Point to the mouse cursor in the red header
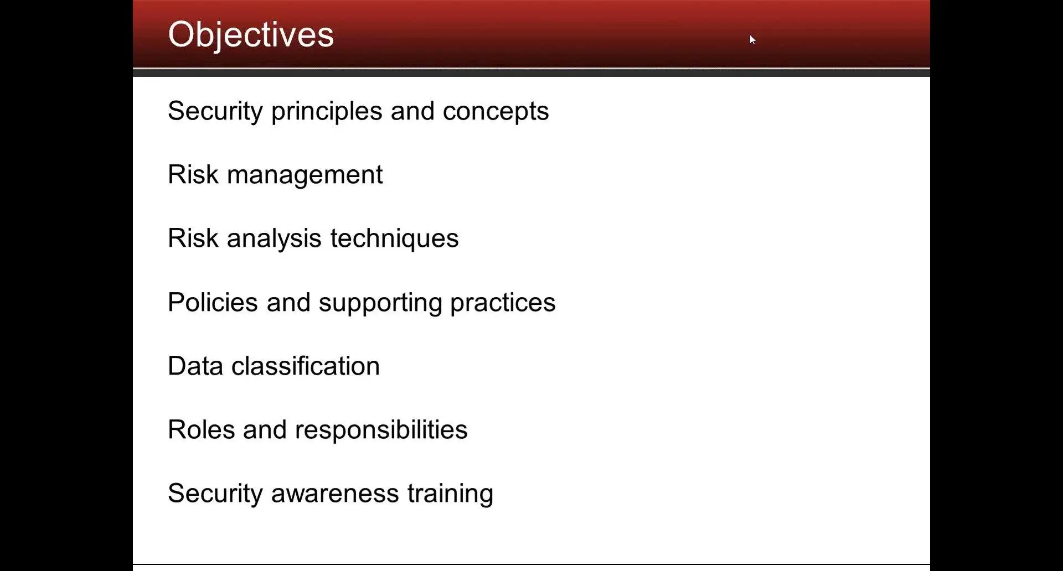752,39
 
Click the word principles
327,112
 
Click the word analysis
274,239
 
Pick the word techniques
394,239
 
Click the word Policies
213,302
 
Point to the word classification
305,366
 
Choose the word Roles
201,430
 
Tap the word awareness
335,494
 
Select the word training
450,494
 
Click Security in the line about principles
215,112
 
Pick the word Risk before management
193,175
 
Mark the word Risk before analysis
193,238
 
